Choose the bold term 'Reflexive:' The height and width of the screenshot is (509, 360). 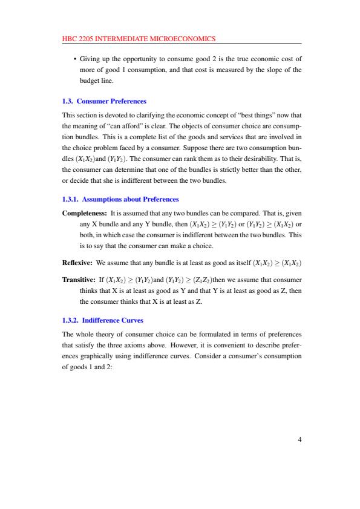pyautogui.click(x=77, y=264)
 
